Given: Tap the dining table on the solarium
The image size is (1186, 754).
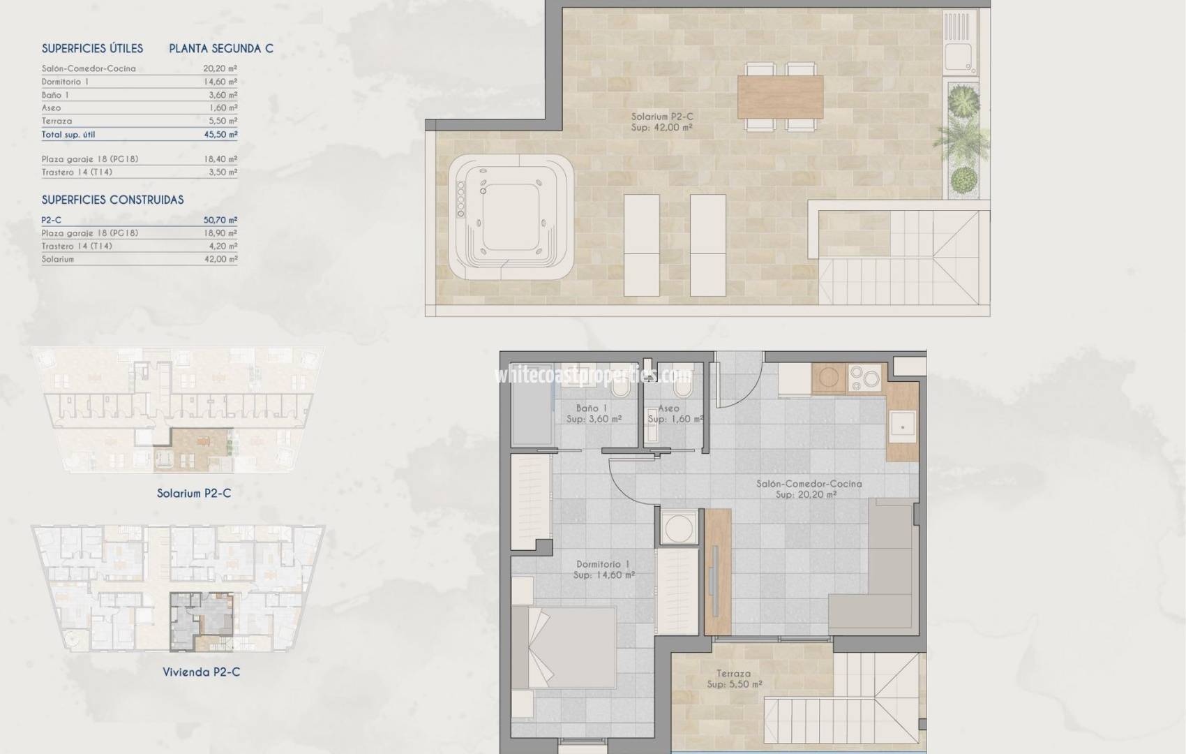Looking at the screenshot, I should pyautogui.click(x=780, y=97).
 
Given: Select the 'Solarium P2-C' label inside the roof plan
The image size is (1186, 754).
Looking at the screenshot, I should pyautogui.click(x=662, y=117).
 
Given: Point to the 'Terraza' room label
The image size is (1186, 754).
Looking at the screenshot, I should pyautogui.click(x=733, y=674).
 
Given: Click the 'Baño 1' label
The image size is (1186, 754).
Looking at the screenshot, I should pyautogui.click(x=592, y=408).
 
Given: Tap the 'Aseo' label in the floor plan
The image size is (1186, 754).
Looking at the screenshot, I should pyautogui.click(x=668, y=408).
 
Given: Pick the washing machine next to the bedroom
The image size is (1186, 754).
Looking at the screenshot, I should pyautogui.click(x=676, y=528).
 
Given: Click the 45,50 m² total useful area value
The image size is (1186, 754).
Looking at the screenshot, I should pyautogui.click(x=220, y=135).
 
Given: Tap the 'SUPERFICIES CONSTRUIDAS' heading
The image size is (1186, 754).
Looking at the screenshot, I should pyautogui.click(x=112, y=200).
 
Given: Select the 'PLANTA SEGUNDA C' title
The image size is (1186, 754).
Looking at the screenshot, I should pyautogui.click(x=221, y=48).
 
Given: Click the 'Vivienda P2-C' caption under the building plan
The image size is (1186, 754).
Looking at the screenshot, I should pyautogui.click(x=201, y=672).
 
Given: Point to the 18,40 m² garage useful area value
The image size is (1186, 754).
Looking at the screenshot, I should pyautogui.click(x=220, y=159).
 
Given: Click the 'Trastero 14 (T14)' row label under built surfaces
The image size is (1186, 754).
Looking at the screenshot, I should pyautogui.click(x=77, y=246).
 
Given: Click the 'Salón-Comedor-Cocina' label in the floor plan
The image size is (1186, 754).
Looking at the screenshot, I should pyautogui.click(x=809, y=483).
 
